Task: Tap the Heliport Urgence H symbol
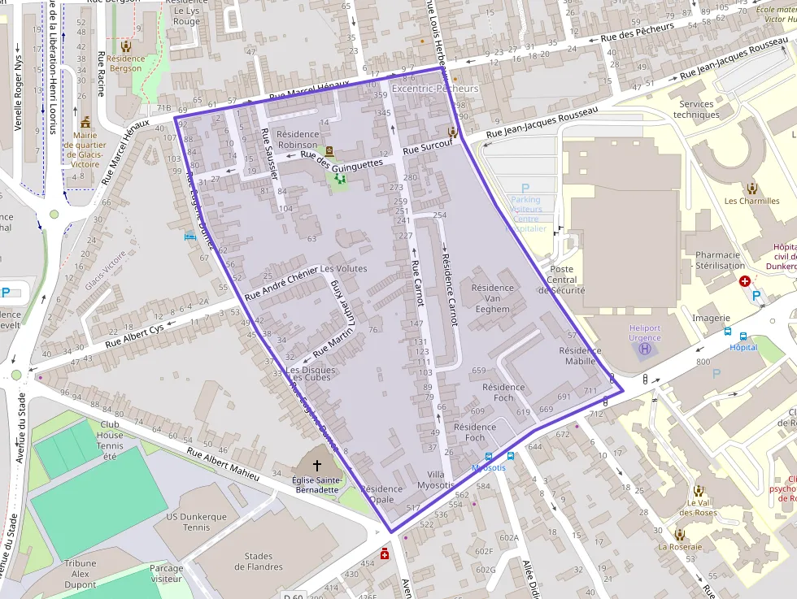click(646, 349)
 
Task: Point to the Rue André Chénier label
click(281, 283)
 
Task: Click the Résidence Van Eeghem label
click(492, 298)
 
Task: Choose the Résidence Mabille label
click(580, 356)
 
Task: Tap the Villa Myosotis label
click(430, 480)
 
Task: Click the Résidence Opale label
click(381, 494)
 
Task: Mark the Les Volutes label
click(343, 268)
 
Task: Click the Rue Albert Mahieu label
click(222, 463)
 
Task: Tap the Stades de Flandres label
click(259, 562)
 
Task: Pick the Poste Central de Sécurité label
click(562, 280)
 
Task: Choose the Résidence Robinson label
click(298, 139)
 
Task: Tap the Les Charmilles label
click(751, 201)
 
